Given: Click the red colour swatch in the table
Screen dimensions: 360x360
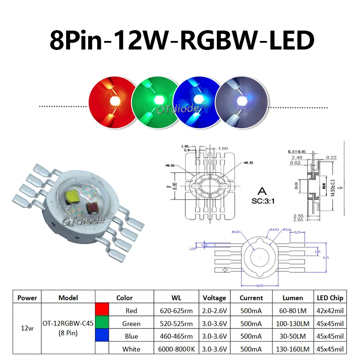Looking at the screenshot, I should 102,310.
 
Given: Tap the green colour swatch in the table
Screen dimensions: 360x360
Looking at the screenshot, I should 102,323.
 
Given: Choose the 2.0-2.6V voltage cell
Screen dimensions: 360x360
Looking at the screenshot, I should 214,310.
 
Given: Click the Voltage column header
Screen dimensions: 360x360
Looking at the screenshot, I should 214,297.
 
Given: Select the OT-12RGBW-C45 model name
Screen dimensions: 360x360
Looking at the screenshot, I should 68,323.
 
